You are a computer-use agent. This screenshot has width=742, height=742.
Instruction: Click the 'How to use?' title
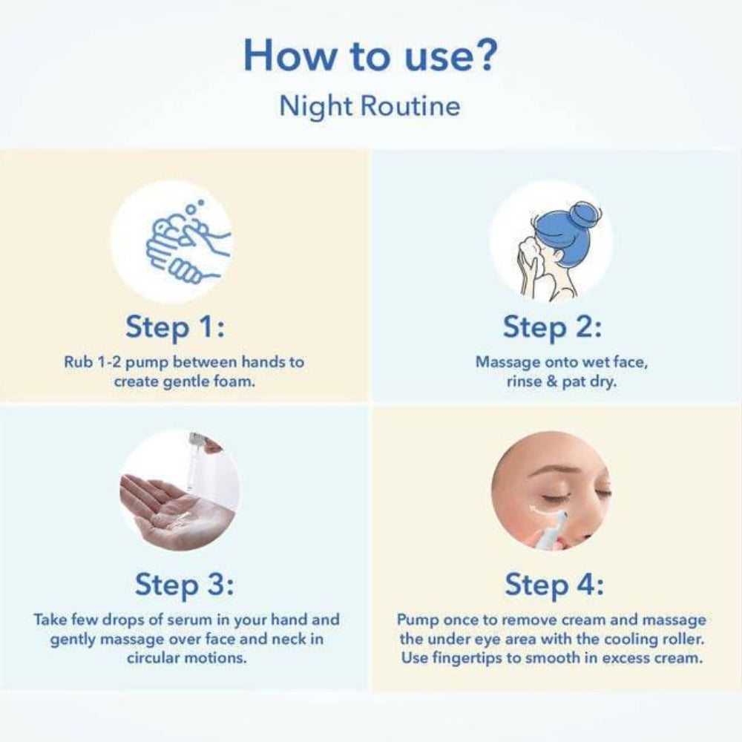tap(370, 56)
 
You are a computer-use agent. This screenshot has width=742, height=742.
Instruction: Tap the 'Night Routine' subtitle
tap(370, 105)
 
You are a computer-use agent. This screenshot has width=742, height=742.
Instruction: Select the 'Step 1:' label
tap(175, 327)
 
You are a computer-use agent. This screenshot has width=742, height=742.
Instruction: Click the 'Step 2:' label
tap(552, 327)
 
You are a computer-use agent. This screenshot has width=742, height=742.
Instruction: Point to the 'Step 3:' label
tap(185, 585)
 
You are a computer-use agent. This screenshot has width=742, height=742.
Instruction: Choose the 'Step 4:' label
tap(554, 585)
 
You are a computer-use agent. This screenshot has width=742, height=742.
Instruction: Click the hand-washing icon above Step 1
tap(188, 241)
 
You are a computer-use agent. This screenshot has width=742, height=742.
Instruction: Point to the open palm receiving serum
tap(165, 513)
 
